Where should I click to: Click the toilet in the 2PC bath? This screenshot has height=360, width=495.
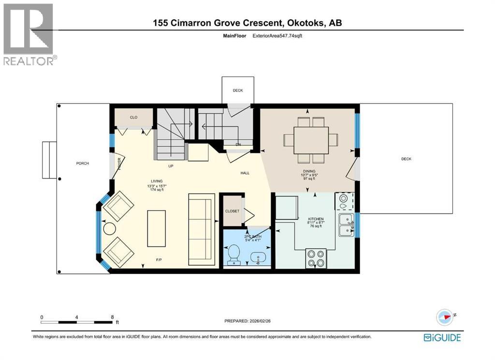coord(233,254)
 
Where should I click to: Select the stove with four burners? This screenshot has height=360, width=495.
coord(316,258)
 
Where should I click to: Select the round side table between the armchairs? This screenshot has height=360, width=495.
coord(109,229)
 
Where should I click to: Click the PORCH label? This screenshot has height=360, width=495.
coord(83,163)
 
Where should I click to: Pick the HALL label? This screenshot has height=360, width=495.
coord(245,173)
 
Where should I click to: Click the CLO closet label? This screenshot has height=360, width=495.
coord(133,117)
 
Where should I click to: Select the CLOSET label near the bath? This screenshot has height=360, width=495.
coord(232,211)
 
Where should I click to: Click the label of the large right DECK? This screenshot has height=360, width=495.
coord(406,159)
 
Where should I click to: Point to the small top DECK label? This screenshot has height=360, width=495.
coord(237,90)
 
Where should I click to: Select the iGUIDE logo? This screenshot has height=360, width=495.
coord(442,337)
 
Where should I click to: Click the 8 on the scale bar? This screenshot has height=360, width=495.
coord(112,317)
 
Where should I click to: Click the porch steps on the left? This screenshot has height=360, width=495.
coord(50,160)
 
